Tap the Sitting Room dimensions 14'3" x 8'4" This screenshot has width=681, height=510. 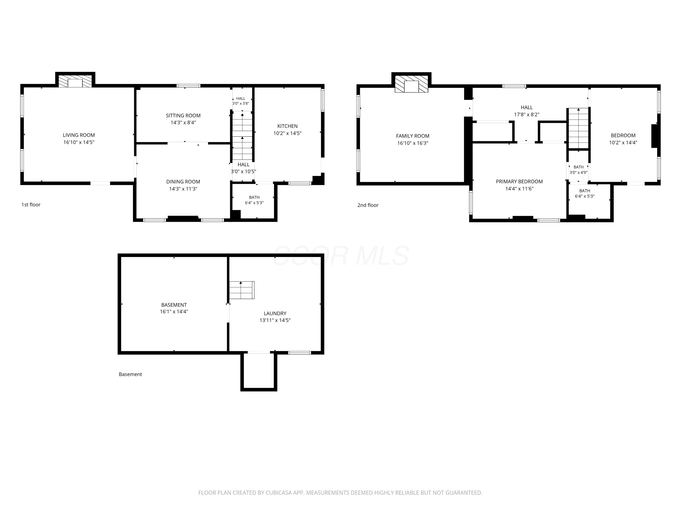click(x=183, y=122)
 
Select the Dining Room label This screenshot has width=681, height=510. click(x=183, y=182)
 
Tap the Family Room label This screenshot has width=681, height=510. click(x=412, y=136)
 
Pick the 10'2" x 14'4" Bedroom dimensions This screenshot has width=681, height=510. click(x=623, y=143)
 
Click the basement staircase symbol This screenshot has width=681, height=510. click(x=242, y=290)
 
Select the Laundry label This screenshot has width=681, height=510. click(x=275, y=313)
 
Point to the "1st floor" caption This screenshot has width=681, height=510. click(x=31, y=204)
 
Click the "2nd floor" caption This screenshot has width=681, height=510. click(x=368, y=205)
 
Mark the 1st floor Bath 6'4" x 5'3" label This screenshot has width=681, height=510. click(x=254, y=200)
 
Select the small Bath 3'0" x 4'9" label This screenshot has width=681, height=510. click(x=578, y=170)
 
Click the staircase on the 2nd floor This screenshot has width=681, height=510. click(x=578, y=128)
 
